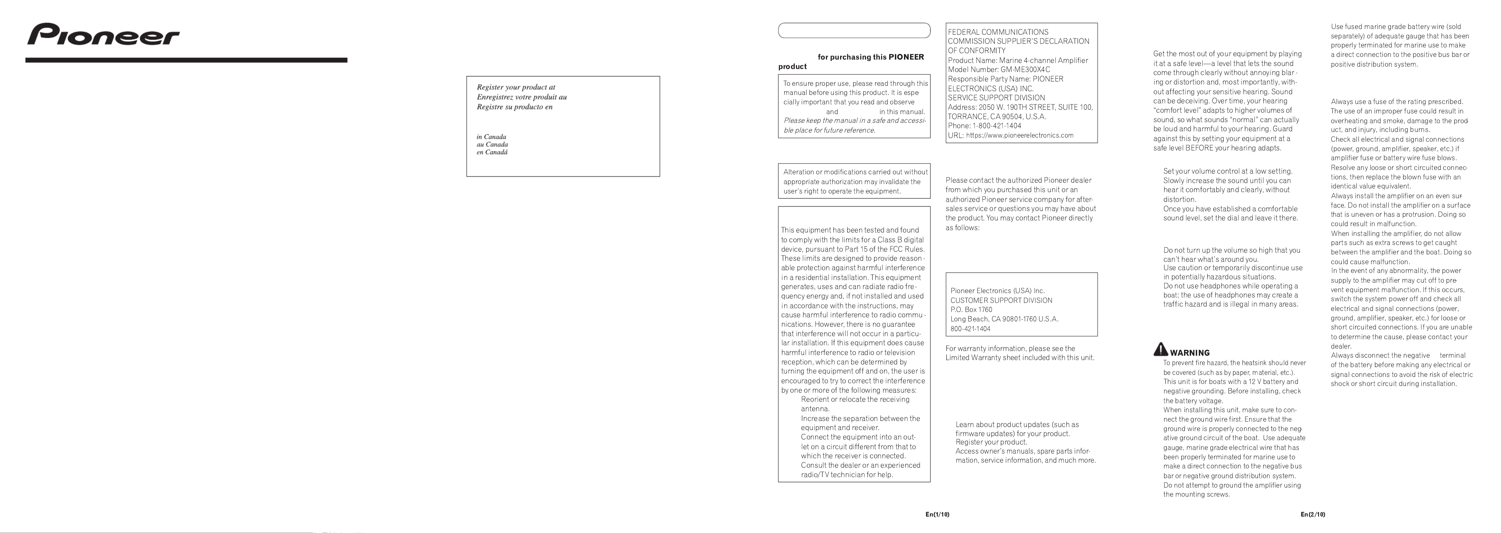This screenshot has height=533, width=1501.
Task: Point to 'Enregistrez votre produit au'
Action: point(521,97)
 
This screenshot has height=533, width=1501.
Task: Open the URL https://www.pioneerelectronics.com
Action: point(1019,135)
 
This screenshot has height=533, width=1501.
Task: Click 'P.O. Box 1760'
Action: point(971,310)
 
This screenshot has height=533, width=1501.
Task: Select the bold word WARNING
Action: point(1189,353)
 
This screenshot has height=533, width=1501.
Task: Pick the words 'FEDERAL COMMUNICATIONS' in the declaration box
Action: point(997,32)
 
